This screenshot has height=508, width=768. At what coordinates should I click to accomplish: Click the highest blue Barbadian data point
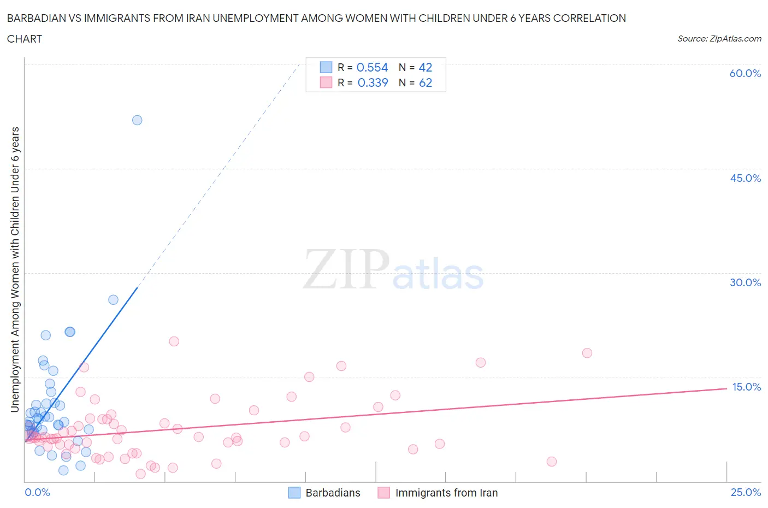[137, 120]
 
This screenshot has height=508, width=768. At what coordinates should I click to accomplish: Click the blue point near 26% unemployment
[113, 299]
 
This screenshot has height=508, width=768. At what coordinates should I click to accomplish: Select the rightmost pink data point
[587, 353]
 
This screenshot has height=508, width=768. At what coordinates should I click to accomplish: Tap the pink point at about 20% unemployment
[174, 341]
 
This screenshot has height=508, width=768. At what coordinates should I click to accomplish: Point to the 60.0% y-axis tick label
[745, 73]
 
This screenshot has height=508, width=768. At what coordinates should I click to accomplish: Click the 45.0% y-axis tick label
[745, 178]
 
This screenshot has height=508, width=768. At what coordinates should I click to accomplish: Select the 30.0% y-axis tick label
[745, 282]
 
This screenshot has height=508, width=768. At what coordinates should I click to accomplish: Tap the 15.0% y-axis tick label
[746, 387]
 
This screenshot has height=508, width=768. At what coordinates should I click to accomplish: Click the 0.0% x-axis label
[37, 492]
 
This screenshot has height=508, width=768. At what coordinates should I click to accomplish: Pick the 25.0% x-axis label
[746, 492]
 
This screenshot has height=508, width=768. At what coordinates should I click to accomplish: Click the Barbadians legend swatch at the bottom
[294, 493]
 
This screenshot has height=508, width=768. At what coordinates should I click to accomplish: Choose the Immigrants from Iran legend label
[446, 493]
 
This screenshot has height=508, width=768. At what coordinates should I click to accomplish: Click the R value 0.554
[372, 67]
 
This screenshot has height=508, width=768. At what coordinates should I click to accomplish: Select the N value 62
[426, 82]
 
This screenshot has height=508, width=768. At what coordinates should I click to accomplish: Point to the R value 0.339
[373, 82]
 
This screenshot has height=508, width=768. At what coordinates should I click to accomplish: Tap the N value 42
[426, 67]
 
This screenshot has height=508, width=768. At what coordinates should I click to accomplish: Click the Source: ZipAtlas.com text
[719, 38]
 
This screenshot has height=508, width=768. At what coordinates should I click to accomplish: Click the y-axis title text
[15, 270]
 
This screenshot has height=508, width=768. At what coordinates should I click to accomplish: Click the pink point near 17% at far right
[481, 362]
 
